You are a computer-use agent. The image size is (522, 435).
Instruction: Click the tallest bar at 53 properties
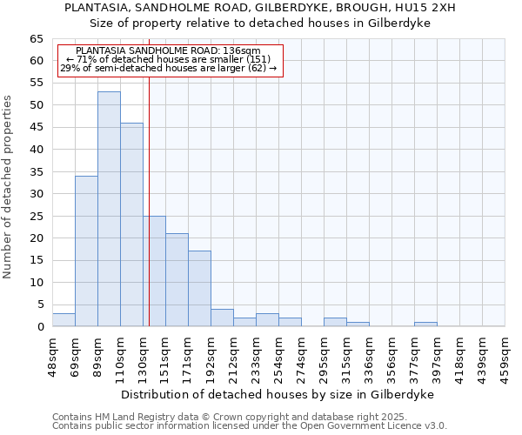click(109, 209)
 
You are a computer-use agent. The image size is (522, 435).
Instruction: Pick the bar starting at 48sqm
click(64, 320)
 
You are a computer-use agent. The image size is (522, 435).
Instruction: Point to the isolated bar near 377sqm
click(425, 325)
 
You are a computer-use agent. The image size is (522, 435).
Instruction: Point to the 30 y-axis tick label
click(36, 194)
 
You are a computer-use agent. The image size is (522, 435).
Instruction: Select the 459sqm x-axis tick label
click(505, 355)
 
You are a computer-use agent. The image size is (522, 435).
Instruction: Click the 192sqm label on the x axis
click(211, 355)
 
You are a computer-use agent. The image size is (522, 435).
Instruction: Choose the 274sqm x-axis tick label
click(301, 355)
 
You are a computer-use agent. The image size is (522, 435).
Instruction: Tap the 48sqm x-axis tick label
click(52, 355)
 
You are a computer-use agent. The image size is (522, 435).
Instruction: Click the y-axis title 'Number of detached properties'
click(8, 187)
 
